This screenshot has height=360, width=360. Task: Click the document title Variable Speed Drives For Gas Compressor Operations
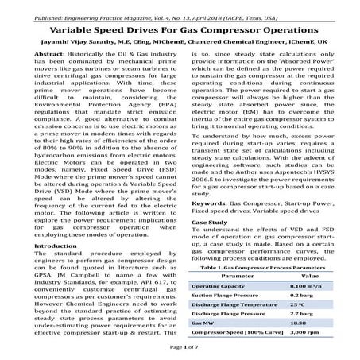[x=180, y=25]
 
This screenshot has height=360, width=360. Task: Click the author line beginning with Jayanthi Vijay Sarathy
[x=180, y=40]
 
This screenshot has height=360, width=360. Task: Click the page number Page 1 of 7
[x=180, y=349]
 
